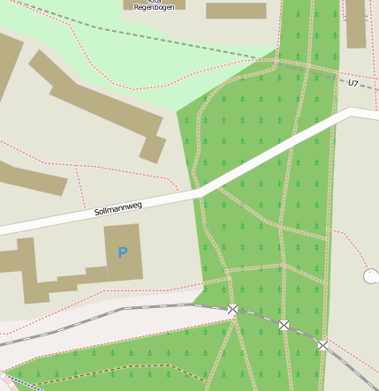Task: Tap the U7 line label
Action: point(353,83)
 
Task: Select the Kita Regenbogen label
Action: point(154,4)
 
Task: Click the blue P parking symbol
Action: point(122,253)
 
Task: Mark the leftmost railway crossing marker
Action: point(232,309)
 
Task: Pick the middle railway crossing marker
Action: point(284,326)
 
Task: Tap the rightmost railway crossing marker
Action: point(322,346)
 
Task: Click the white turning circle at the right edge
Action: point(371,276)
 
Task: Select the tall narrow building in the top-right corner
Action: point(355,23)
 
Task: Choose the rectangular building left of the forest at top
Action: point(236,11)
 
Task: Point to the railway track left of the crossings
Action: point(133,309)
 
